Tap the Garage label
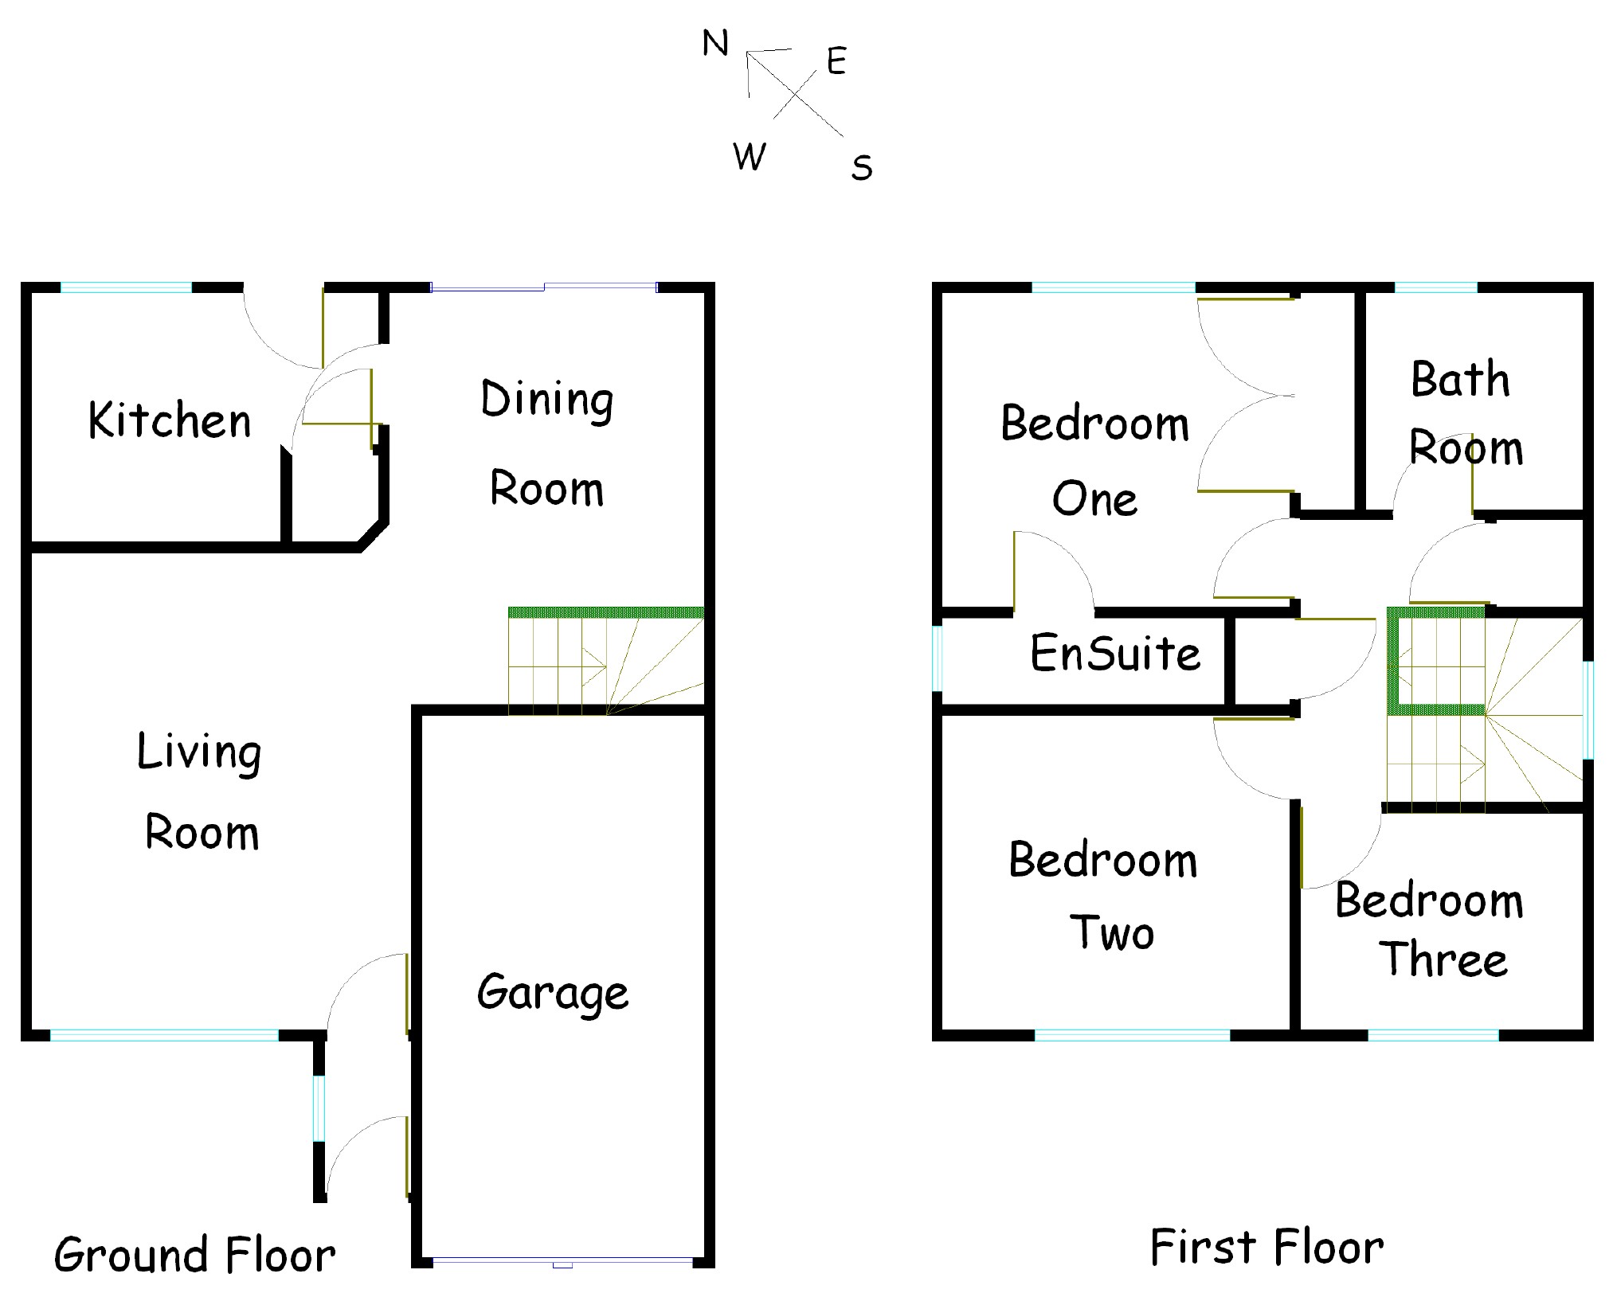coord(553,993)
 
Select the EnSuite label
coord(1115,654)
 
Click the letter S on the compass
coord(862,168)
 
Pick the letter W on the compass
coord(749,156)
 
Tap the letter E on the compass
coord(836,61)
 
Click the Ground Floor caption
coord(194,1255)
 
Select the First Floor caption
coord(1267,1247)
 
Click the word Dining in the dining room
coord(546,400)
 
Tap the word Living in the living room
coord(199,752)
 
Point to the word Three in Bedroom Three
coord(1443,959)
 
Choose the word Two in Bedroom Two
coord(1112,932)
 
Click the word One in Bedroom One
coord(1094,500)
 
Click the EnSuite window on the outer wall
coord(938,658)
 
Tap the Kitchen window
coord(127,287)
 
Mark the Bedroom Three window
coord(1433,1035)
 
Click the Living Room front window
coord(164,1035)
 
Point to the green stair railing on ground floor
coord(605,612)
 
